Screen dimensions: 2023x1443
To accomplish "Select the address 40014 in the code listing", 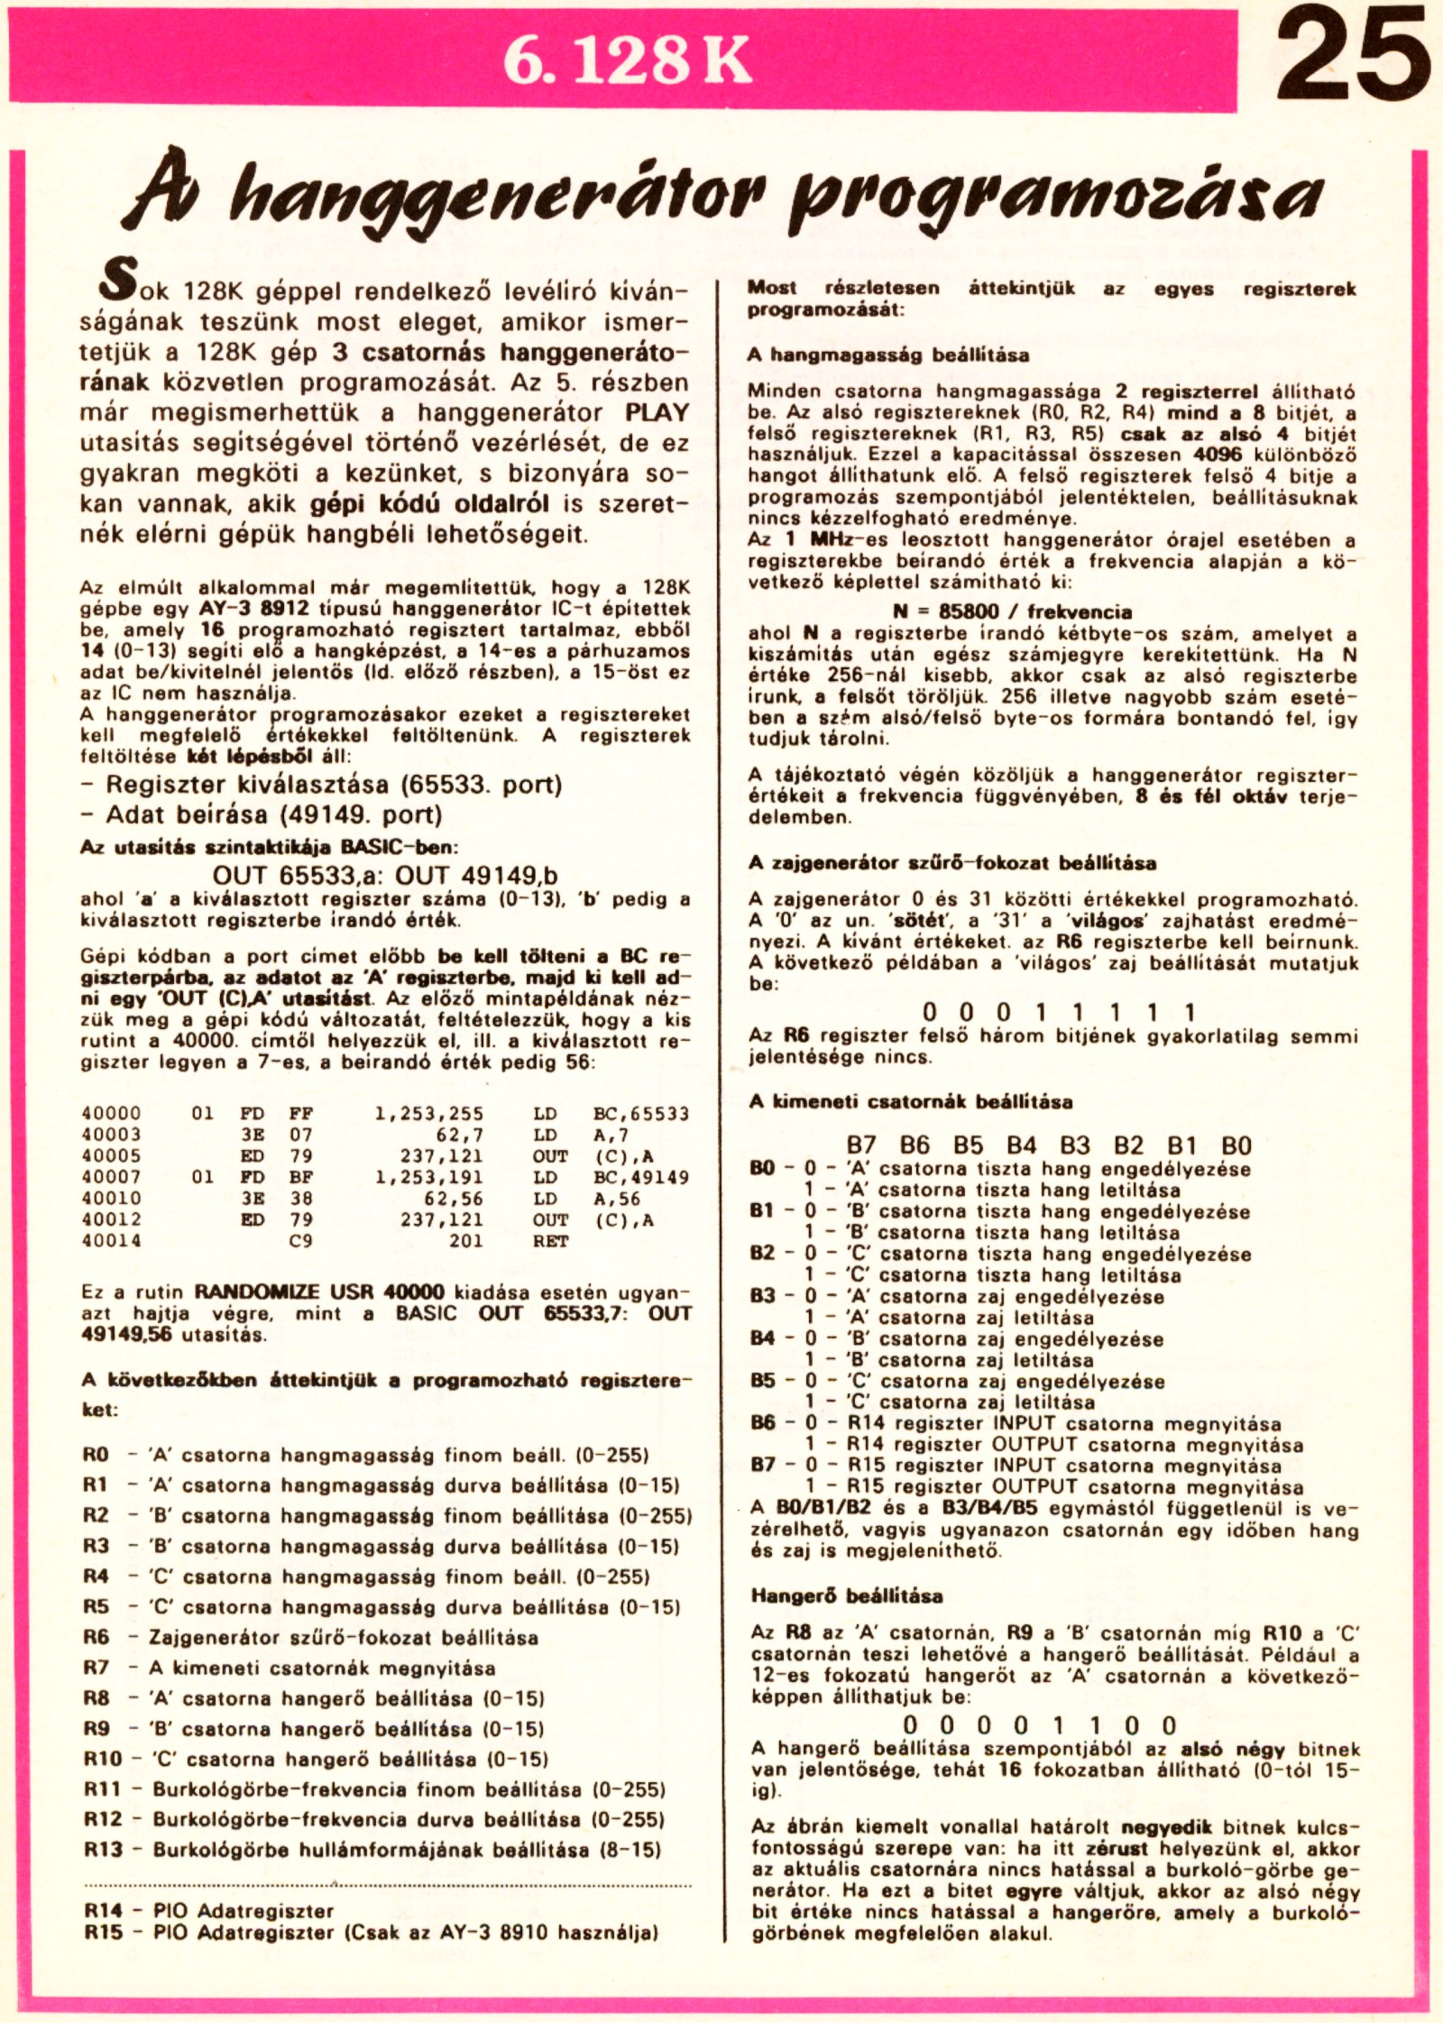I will (111, 1241).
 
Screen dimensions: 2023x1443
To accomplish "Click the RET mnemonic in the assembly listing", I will (550, 1241).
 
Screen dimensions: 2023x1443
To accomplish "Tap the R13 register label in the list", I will (103, 1850).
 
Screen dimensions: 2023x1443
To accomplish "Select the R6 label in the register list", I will (96, 1637).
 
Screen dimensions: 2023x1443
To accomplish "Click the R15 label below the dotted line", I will (103, 1932).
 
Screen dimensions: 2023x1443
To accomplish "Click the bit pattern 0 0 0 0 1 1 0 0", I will (1040, 1725).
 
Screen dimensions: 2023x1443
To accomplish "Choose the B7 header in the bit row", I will (861, 1145).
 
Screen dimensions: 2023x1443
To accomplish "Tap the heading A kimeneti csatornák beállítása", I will (911, 1101).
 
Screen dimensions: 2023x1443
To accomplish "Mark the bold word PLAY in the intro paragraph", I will (657, 413).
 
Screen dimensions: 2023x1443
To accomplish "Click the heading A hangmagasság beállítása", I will (887, 355).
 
